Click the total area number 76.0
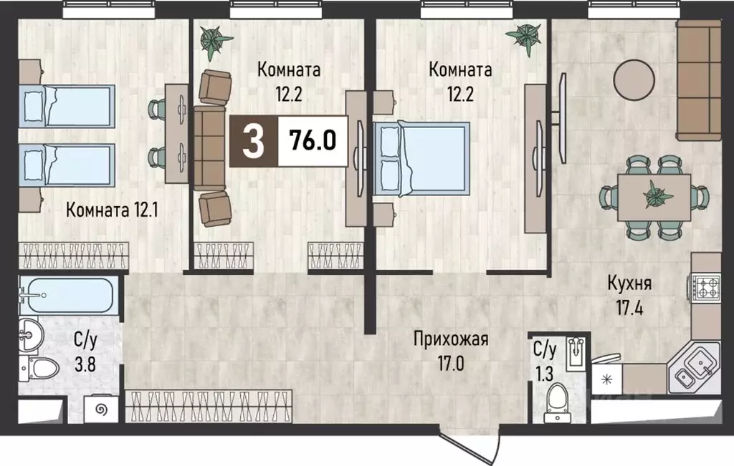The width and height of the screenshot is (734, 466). coord(313,140)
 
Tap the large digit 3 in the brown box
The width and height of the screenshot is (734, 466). coord(253,141)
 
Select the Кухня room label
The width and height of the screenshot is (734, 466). coord(629,283)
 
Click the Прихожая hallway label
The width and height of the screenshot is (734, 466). coord(451,339)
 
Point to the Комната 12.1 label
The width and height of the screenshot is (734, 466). coord(112,210)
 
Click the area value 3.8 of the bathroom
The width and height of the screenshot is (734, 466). coord(85,364)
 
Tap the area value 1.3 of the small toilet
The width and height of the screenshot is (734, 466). coord(545,374)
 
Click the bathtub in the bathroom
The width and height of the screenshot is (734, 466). coord(67,295)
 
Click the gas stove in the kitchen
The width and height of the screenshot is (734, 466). coord(705,286)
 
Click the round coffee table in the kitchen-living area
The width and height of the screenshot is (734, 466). coord(634,79)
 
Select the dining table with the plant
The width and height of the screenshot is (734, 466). coord(654,198)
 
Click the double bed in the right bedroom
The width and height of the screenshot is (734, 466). coord(421,158)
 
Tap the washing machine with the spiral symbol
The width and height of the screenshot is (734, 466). coord(101,410)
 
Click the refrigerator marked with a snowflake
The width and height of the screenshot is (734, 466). coord(607,379)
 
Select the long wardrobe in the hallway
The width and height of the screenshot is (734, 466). coord(209,406)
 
